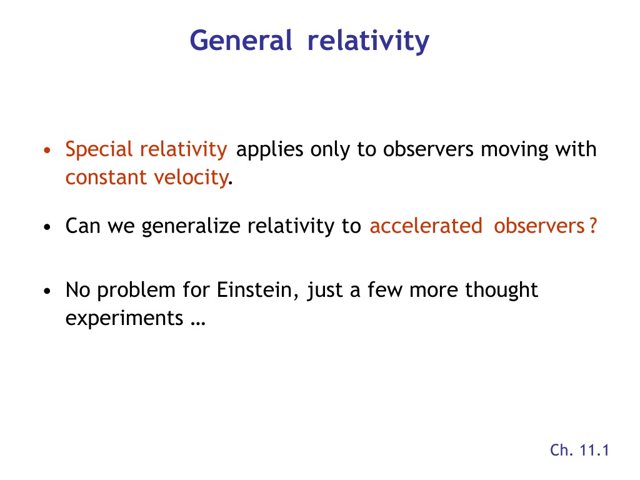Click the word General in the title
coord(241,41)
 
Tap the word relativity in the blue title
coord(368,41)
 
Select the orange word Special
coord(99,149)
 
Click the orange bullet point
coord(47,150)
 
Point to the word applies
coord(269,149)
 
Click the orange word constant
coord(106,177)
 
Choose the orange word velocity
coord(191,177)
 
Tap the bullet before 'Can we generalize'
coord(47,227)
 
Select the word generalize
coord(191,226)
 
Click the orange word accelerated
coord(426,226)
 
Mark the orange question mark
coord(593,226)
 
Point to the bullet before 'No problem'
coord(47,291)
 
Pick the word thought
coord(501,290)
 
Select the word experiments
coord(124,318)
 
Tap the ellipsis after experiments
coord(198,324)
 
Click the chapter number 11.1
coord(594,450)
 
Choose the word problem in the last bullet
coord(136,290)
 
